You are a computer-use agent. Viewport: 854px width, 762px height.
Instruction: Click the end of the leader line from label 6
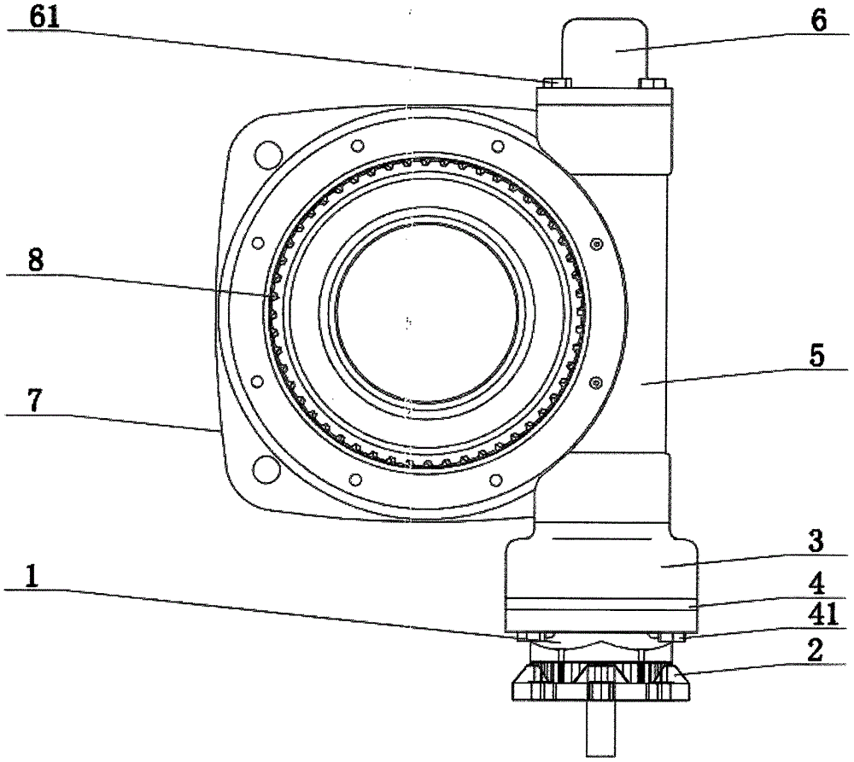[x=616, y=50]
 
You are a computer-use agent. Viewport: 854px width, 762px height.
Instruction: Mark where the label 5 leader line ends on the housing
[x=641, y=384]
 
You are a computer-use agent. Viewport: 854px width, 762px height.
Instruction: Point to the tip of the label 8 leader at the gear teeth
[x=272, y=295]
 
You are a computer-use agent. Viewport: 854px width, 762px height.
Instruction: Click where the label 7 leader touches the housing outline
[x=217, y=431]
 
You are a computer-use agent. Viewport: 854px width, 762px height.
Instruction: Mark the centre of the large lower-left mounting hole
[x=266, y=468]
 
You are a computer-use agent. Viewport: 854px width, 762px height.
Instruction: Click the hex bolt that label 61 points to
[x=556, y=83]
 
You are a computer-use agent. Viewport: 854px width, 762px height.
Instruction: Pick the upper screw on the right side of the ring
[x=597, y=244]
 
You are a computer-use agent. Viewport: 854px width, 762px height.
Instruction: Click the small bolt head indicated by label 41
[x=670, y=637]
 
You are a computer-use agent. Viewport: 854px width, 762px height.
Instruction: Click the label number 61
[x=44, y=17]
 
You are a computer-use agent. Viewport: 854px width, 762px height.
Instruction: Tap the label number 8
[x=35, y=260]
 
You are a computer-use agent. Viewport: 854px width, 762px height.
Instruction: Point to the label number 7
[x=34, y=402]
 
